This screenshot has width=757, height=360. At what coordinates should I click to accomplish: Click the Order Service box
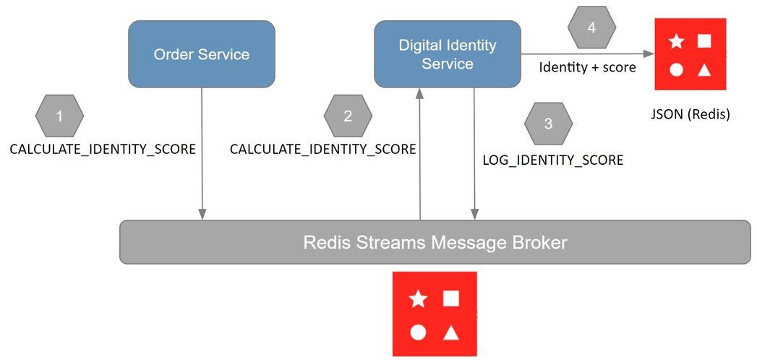202,54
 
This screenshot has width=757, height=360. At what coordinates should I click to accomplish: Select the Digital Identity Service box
448,54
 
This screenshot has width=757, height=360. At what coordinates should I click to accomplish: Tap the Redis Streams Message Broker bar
435,242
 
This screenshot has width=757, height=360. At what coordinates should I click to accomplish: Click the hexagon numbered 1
60,116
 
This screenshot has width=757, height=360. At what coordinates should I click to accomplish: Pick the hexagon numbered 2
348,116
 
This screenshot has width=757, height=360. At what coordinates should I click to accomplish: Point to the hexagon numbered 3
548,124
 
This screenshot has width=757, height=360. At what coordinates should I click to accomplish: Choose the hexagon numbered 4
591,28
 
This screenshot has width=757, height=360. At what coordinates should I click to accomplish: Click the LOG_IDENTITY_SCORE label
552,160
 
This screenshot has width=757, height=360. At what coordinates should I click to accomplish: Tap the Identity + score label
587,67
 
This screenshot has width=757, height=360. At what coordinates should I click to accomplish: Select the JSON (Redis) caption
690,113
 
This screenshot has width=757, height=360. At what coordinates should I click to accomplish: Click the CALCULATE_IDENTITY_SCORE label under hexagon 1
102,150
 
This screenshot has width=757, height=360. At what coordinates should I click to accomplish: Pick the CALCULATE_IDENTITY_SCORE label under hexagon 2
322,150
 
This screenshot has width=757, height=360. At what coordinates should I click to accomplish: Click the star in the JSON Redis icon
676,41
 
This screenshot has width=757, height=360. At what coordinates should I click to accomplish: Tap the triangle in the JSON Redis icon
704,69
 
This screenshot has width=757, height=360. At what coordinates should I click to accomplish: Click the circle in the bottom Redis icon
418,333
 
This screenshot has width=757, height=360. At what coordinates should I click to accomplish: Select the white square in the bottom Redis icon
451,298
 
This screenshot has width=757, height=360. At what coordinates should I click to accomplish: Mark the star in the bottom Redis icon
418,299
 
